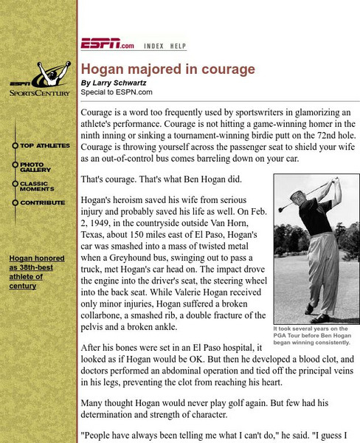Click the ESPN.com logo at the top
click(108, 44)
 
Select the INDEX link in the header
click(153, 46)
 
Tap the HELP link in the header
click(178, 46)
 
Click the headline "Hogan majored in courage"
click(167, 69)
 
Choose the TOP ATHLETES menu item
click(44, 146)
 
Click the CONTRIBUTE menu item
click(42, 203)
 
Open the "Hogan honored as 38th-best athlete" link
click(37, 272)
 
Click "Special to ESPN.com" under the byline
click(117, 92)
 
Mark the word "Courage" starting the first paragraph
click(100, 112)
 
